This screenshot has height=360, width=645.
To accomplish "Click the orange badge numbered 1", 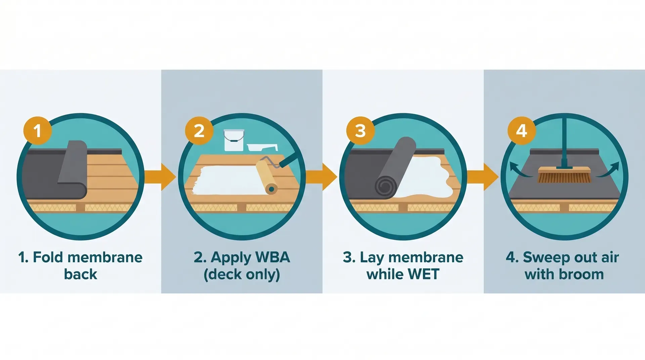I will click(37, 131).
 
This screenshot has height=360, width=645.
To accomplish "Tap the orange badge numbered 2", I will click(199, 131).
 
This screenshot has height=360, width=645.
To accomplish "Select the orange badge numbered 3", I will click(360, 131).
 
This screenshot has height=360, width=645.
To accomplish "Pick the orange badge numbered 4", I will click(521, 131).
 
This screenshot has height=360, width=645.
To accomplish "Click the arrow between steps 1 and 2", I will click(161, 177).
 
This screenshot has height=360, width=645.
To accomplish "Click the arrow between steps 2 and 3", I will click(322, 177).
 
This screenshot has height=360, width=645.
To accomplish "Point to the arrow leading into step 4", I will click(483, 177).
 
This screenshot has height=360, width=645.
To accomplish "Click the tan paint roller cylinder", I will click(266, 177).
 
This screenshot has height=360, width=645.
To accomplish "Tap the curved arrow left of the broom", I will click(519, 170).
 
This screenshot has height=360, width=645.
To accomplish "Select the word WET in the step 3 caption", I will click(424, 274).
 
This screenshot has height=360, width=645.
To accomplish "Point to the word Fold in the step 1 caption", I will click(48, 258).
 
